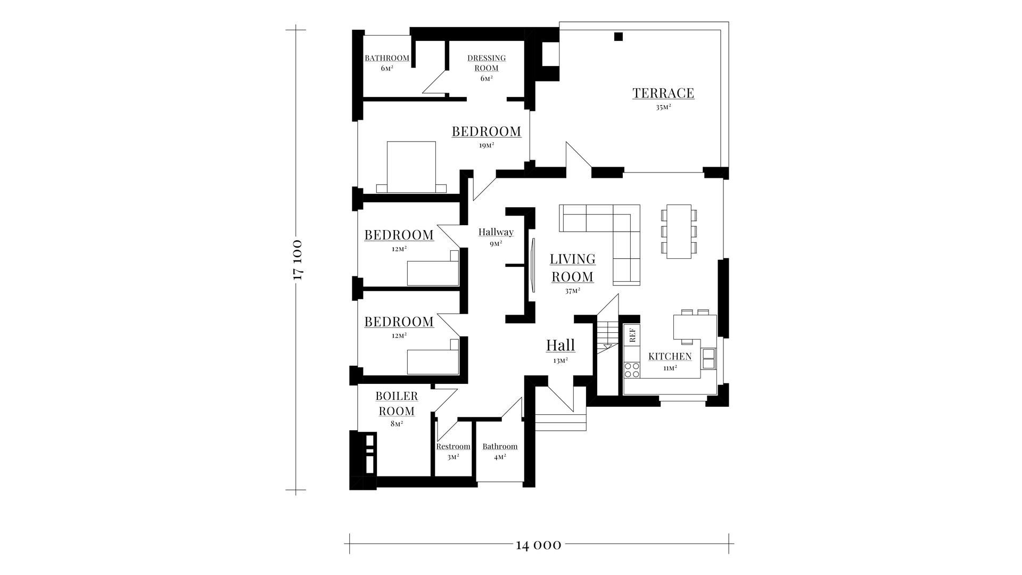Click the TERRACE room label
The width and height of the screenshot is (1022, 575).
[663, 93]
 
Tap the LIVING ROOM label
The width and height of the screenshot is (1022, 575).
[573, 268]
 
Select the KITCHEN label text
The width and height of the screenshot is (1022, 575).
[670, 356]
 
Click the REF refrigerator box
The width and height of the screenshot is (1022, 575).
[632, 334]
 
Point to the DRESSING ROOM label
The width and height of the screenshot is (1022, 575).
[487, 63]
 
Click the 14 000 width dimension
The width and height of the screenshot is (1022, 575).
[538, 545]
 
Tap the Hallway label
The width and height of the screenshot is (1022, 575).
[496, 232]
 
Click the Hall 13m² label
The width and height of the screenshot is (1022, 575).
[561, 350]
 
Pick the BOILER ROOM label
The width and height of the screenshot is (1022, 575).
[397, 404]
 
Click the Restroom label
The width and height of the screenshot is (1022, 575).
[453, 447]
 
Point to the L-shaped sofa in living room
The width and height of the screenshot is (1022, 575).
[600, 244]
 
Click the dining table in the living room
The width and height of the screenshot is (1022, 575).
[679, 232]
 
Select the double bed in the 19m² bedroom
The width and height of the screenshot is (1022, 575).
[411, 167]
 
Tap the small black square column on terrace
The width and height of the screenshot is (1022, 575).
[618, 37]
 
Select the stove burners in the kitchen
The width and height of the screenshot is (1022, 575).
[632, 370]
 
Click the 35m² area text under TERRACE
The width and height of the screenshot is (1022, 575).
[663, 107]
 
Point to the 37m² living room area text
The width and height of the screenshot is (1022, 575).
[573, 291]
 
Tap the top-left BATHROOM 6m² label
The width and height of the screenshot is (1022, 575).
[387, 63]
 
